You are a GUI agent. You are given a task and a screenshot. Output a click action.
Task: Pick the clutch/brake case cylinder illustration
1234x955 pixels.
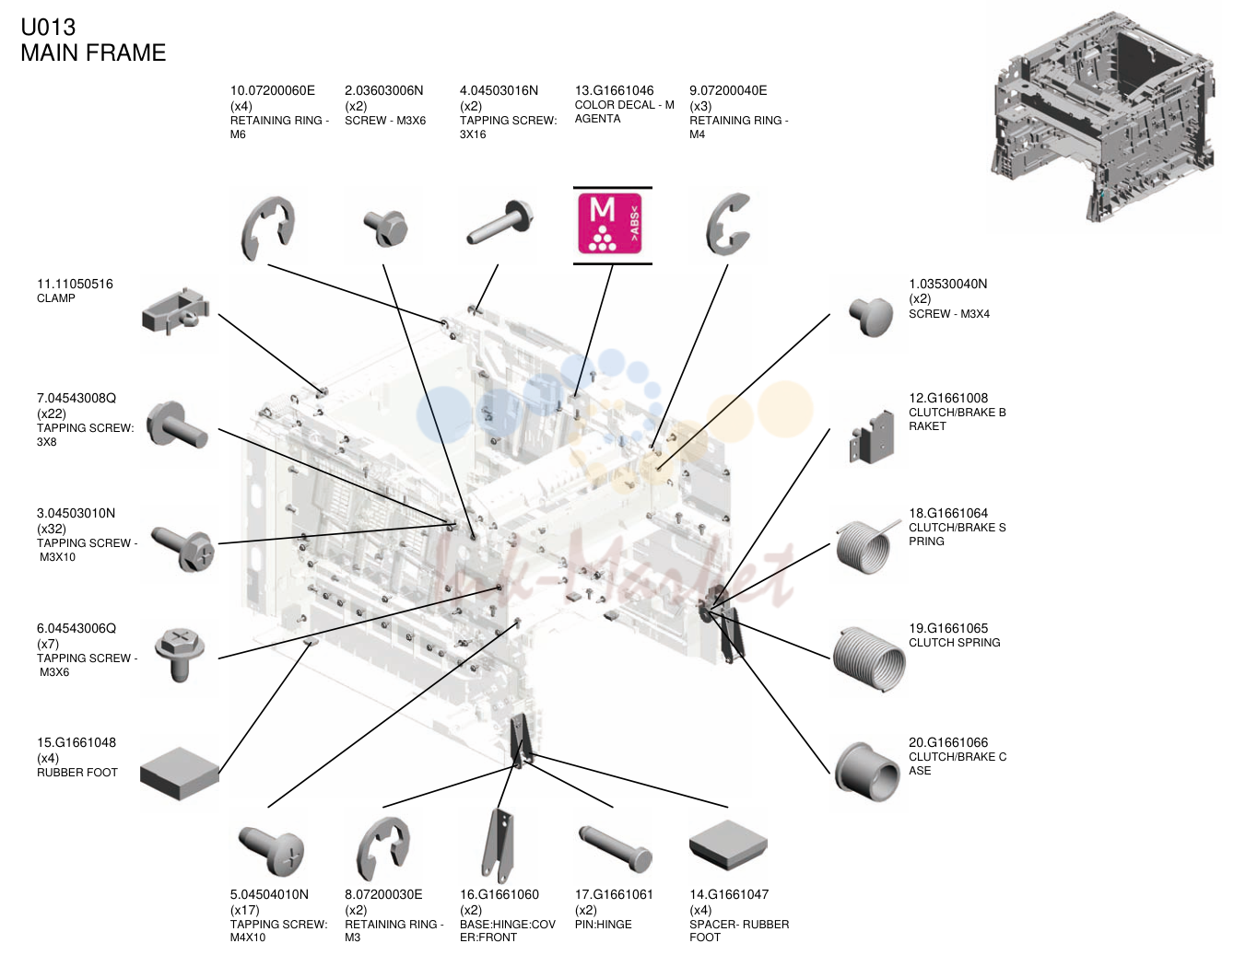click(868, 772)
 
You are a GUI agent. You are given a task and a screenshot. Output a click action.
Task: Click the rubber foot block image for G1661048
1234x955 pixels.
click(180, 774)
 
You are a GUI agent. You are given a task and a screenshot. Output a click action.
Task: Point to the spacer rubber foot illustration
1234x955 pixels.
click(728, 844)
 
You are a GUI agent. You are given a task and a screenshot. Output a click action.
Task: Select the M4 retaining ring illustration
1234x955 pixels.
click(728, 224)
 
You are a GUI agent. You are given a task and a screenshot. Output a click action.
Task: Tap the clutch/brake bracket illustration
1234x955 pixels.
click(872, 437)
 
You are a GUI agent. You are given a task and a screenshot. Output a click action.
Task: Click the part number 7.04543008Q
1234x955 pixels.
click(76, 398)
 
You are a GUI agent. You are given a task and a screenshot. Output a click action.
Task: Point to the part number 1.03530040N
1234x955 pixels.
click(947, 284)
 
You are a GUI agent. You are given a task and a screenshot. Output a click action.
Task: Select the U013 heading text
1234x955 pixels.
click(48, 28)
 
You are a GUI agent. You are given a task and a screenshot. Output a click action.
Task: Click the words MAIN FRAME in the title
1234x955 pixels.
click(93, 52)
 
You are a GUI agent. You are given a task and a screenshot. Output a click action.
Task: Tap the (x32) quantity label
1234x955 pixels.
click(51, 529)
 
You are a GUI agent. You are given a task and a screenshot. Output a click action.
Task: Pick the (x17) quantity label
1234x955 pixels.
click(244, 910)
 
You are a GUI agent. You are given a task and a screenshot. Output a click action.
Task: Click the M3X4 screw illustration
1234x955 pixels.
click(871, 316)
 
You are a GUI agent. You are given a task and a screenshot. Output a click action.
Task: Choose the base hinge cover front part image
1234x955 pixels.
click(498, 846)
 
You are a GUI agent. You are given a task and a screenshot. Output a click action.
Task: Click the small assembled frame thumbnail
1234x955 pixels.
click(1103, 116)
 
